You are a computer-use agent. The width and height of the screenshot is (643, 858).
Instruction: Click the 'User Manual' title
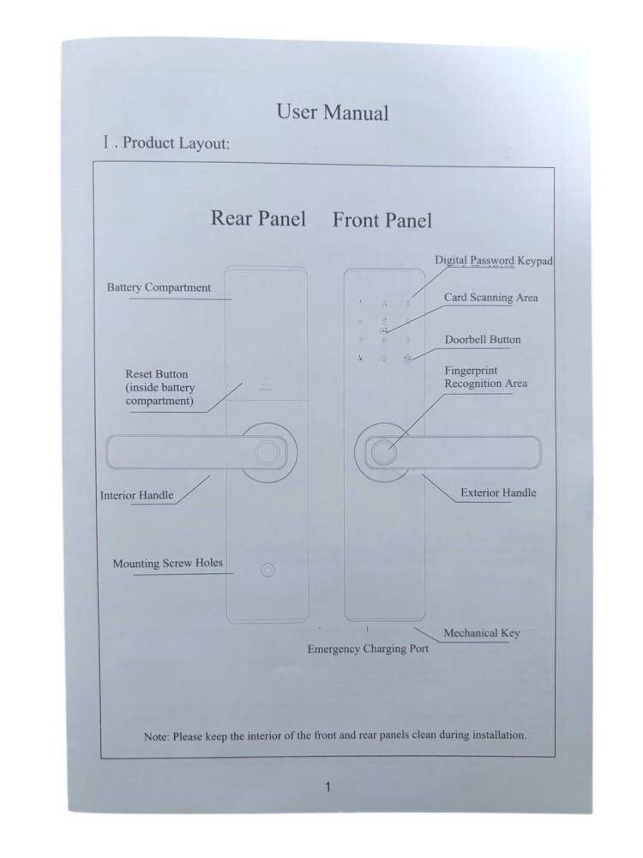point(333,112)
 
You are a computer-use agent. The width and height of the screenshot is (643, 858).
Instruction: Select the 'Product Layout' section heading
point(166,142)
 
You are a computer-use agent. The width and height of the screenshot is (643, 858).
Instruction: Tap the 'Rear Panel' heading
point(258,218)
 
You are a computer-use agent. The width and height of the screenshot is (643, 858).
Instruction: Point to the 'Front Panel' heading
point(382,220)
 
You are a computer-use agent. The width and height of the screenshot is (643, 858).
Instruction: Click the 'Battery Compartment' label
point(159,287)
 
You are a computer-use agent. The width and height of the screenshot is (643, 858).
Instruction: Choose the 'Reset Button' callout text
point(160,388)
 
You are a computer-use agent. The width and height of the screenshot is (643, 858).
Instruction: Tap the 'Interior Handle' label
point(136,495)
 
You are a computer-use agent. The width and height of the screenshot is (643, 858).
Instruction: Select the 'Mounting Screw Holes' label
point(168,563)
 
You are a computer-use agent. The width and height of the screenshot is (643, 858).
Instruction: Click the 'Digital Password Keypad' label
point(494,261)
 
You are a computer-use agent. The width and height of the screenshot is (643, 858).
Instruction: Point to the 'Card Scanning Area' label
point(491,298)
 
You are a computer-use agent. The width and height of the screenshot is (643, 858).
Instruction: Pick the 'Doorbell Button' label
point(483,339)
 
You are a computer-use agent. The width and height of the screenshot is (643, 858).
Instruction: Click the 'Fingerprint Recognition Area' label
point(486,377)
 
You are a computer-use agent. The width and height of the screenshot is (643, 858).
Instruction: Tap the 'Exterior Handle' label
point(498,492)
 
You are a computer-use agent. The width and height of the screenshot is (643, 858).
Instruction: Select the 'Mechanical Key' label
point(482,633)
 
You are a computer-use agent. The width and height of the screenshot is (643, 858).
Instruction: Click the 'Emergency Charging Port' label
point(368,649)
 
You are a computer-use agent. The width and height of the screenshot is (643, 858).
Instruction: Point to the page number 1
point(328,788)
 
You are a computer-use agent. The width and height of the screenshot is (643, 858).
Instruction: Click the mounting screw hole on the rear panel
point(267,571)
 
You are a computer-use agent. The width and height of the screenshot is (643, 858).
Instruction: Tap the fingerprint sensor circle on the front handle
point(383,453)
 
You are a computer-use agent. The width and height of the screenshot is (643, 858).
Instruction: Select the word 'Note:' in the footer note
point(156,736)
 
